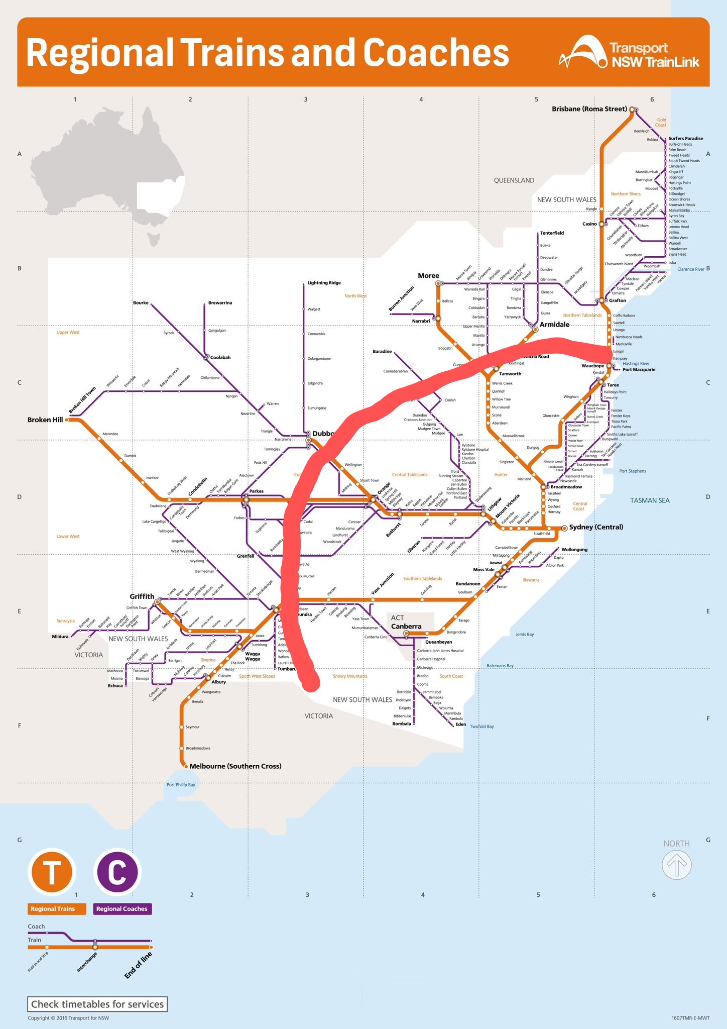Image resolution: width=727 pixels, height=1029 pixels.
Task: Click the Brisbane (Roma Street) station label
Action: click(589, 109)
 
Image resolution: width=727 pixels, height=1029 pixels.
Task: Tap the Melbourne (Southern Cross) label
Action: click(235, 766)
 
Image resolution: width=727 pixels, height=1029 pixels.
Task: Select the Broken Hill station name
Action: click(45, 420)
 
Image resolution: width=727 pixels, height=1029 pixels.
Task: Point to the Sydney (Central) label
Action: click(596, 527)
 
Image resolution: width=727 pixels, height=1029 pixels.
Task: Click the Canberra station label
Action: click(406, 626)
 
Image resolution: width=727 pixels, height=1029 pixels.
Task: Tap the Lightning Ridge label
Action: click(324, 283)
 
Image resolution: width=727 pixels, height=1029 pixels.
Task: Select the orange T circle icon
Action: click(52, 872)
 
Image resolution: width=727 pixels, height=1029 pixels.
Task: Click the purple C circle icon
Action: click(117, 872)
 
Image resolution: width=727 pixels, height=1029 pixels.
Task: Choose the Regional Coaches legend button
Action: click(122, 909)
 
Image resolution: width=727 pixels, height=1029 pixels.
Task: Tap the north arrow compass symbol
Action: click(676, 865)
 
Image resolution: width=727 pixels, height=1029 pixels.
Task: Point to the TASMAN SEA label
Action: click(650, 500)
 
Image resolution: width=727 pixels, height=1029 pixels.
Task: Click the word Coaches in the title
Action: click(435, 53)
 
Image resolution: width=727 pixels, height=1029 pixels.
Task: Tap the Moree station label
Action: click(428, 275)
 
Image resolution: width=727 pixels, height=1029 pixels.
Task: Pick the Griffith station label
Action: click(142, 596)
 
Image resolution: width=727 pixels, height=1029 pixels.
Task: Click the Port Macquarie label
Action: click(639, 370)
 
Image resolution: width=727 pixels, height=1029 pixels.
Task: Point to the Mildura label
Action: click(60, 637)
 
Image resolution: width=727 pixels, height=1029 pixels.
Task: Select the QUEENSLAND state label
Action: click(514, 180)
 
